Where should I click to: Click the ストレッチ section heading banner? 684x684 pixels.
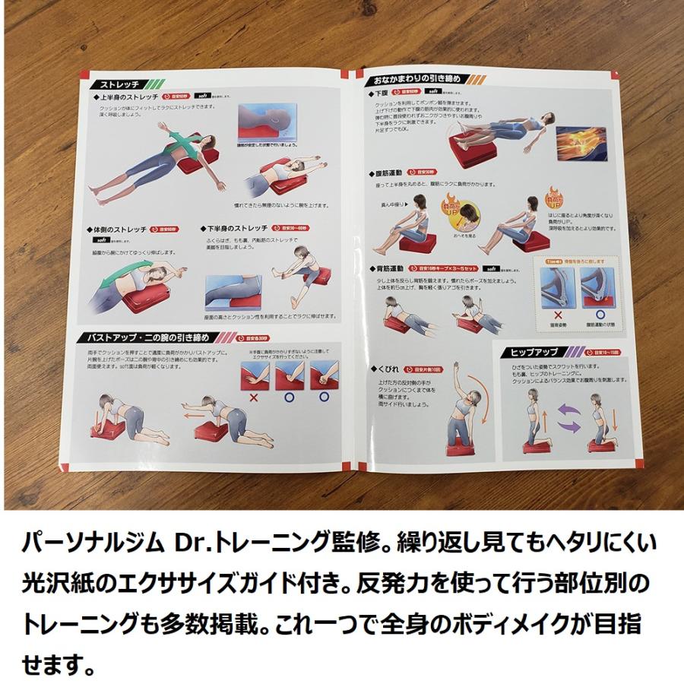(x=114, y=84)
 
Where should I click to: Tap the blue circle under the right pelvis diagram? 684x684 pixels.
(x=600, y=312)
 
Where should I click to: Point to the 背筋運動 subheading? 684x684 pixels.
(x=391, y=267)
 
